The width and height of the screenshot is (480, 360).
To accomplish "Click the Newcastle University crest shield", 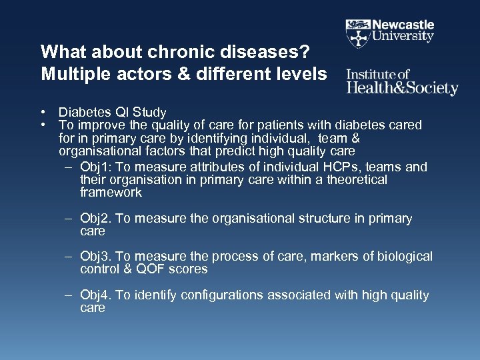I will (358, 32).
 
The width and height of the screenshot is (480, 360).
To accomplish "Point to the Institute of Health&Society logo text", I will (402, 82).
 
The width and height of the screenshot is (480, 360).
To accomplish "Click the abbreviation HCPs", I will (334, 167).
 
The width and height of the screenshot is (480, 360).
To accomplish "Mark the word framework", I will (111, 193).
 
